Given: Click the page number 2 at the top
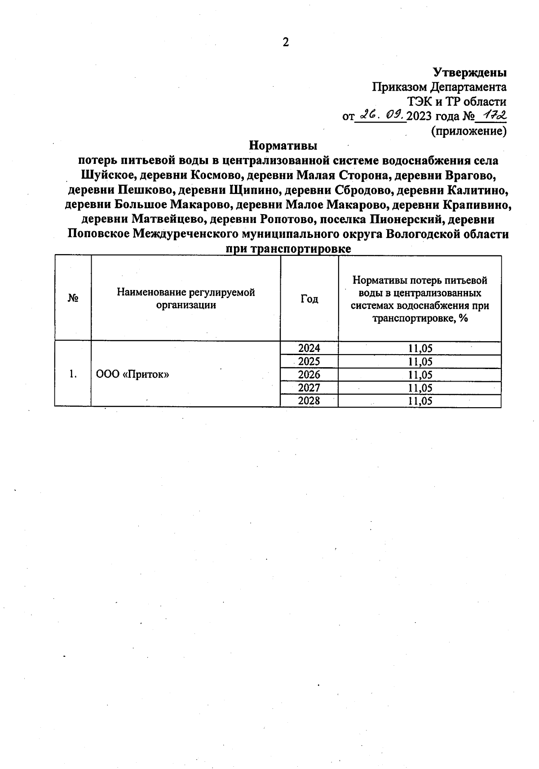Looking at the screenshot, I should click(286, 42).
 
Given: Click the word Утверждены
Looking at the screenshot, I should click(469, 72).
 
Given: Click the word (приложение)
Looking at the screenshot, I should click(468, 131).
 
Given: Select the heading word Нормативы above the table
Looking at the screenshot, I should click(283, 146).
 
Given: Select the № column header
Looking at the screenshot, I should click(73, 299).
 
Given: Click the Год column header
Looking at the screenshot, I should click(309, 299).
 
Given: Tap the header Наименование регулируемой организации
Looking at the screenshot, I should click(186, 299).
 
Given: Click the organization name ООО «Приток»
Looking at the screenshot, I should click(133, 374).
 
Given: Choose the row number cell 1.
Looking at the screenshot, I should click(73, 374).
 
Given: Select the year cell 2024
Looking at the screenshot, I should click(309, 348).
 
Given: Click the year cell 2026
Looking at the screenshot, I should click(309, 374).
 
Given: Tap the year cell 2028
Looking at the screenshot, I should click(309, 401).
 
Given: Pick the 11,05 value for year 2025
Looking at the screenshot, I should click(420, 361).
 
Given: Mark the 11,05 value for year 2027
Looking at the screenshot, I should click(420, 388).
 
